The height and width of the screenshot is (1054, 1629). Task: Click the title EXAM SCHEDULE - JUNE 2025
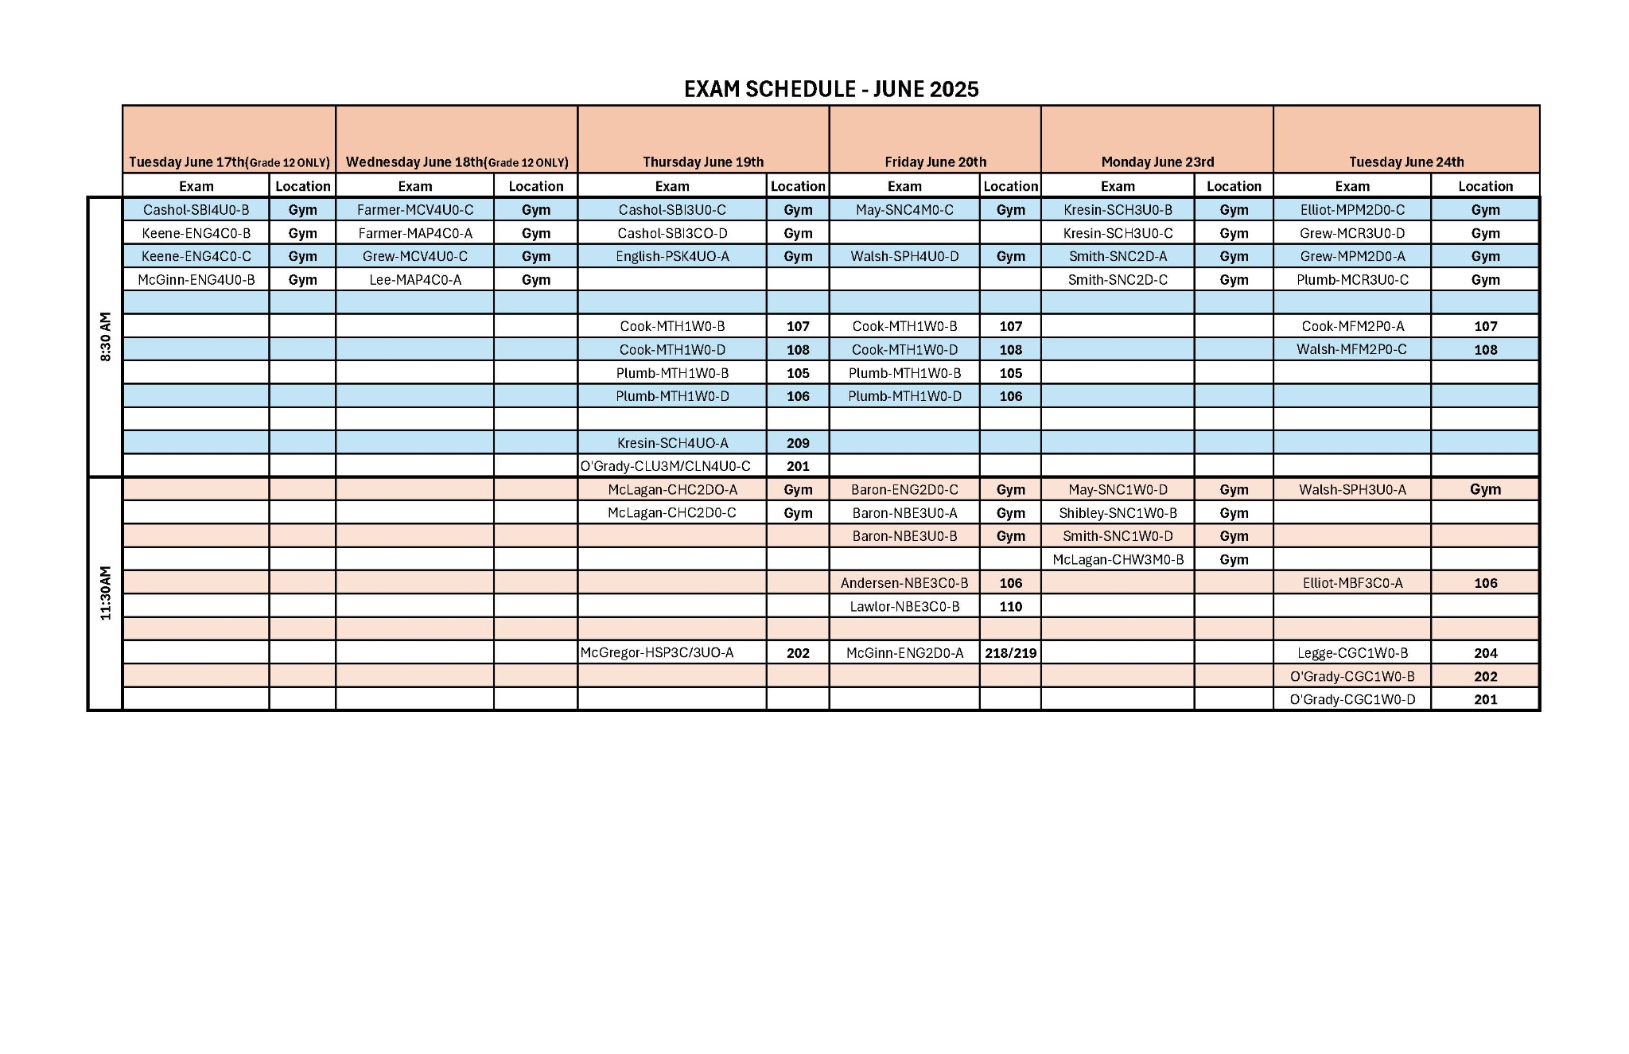click(831, 89)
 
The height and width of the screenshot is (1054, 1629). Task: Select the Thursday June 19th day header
click(703, 162)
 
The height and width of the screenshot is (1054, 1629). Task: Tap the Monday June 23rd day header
click(1157, 162)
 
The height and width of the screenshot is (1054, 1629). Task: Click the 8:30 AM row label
click(106, 336)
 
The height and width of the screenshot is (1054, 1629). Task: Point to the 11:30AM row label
click(106, 593)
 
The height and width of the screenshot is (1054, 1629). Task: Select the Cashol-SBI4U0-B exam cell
click(196, 210)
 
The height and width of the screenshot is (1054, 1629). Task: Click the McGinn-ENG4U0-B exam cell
click(196, 280)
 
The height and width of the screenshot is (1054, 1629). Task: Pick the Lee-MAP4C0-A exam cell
click(415, 280)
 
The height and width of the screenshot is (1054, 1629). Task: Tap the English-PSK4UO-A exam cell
click(672, 256)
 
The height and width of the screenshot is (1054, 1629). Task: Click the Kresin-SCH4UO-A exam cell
click(672, 443)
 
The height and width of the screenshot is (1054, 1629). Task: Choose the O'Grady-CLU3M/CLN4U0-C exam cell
click(665, 466)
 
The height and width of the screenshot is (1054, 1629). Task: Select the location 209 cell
click(798, 443)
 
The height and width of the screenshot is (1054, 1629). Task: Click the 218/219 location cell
click(1010, 653)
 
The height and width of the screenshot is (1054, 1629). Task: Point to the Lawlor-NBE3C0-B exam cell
click(904, 606)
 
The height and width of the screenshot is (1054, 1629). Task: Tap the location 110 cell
click(1010, 606)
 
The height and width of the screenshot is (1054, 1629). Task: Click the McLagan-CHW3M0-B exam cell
click(1118, 560)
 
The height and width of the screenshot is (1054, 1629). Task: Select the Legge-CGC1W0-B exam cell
click(1352, 653)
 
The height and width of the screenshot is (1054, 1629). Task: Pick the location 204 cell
click(1485, 653)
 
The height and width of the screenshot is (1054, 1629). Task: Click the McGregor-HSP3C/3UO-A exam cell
click(657, 653)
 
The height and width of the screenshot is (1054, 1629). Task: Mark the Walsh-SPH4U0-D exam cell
click(904, 256)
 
